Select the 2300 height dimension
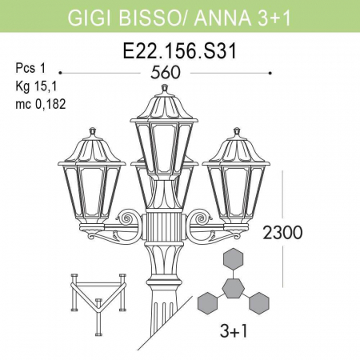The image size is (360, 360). pyautogui.click(x=282, y=234)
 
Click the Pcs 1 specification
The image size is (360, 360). pyautogui.click(x=30, y=68)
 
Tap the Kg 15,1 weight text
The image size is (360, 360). pyautogui.click(x=34, y=86)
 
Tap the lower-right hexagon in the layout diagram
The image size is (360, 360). pyautogui.click(x=258, y=302)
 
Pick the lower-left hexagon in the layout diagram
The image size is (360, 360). pyautogui.click(x=207, y=302)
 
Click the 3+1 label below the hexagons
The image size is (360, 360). pyautogui.click(x=233, y=331)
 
